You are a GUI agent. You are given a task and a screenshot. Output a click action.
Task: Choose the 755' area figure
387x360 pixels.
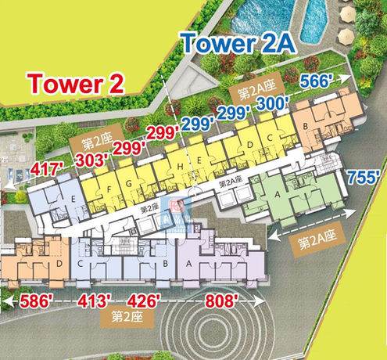click(x=364, y=175)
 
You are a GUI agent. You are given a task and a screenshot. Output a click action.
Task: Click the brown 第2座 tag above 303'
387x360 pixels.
click(x=88, y=142)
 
